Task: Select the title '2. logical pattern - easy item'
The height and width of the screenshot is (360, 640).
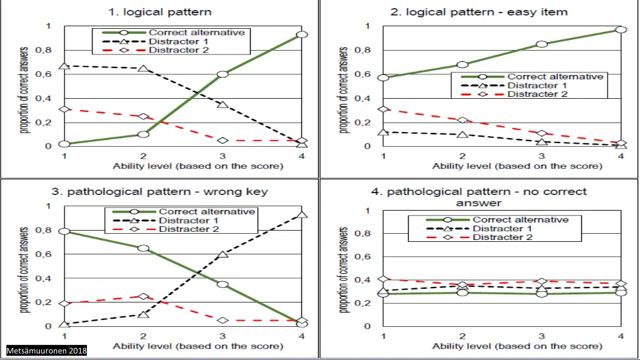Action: [479, 12]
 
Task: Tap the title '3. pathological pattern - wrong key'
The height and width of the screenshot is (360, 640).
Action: [159, 192]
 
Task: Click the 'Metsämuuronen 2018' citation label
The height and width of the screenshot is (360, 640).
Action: [47, 350]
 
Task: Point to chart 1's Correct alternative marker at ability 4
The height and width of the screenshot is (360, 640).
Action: [302, 35]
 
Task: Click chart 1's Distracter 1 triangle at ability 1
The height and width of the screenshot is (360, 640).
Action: [64, 66]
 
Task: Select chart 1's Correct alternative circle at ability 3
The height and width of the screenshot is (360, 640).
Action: [222, 74]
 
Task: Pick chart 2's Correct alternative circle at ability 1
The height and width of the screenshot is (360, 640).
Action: [384, 78]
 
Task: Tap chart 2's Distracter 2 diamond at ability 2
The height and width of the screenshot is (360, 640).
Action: [462, 120]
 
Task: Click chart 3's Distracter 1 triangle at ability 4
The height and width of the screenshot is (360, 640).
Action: [302, 215]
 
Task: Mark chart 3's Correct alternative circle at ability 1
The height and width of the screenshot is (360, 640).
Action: [64, 232]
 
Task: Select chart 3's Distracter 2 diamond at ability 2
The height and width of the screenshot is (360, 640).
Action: [143, 297]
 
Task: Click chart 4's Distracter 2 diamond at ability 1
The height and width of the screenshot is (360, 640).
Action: [384, 279]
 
